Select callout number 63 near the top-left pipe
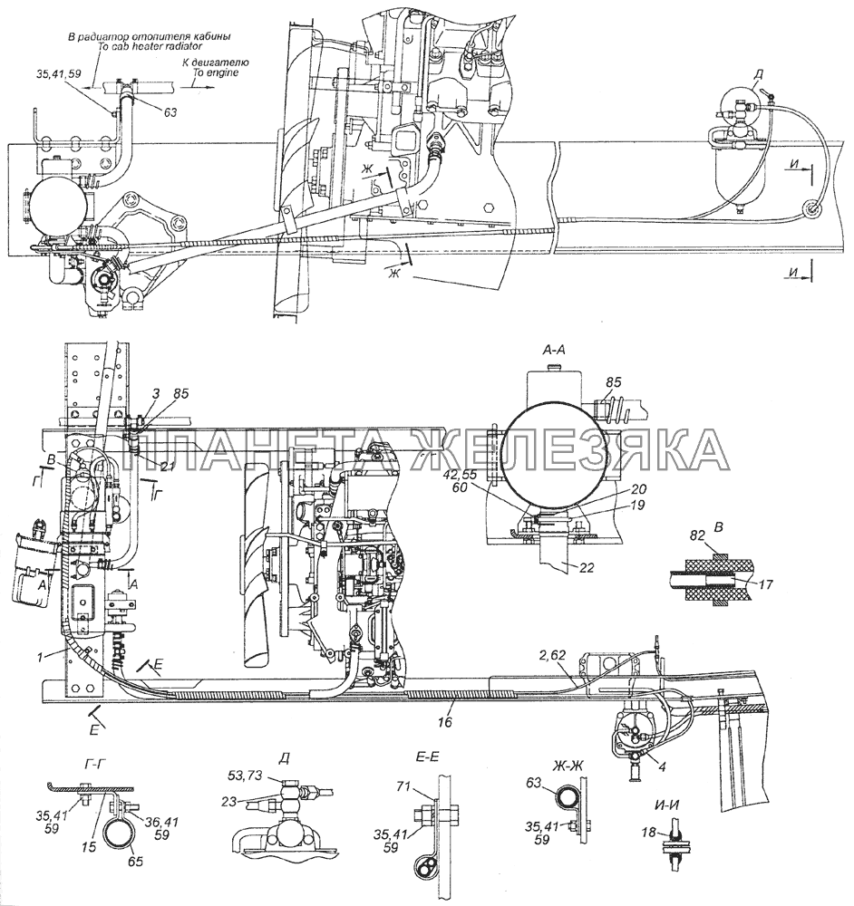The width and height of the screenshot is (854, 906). click(171, 112)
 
